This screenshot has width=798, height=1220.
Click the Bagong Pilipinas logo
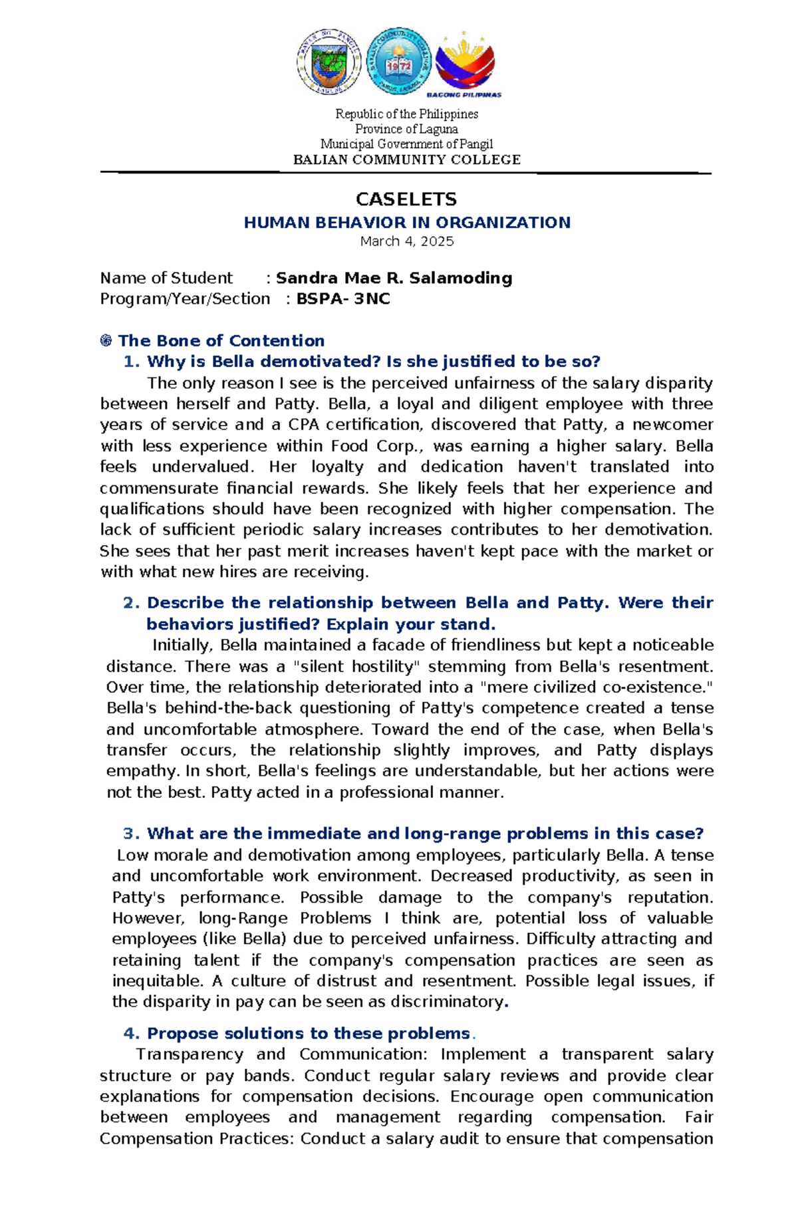pyautogui.click(x=469, y=65)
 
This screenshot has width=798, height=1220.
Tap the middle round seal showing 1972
pyautogui.click(x=399, y=62)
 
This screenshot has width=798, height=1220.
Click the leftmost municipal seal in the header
pyautogui.click(x=329, y=62)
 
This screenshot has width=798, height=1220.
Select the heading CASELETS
pyautogui.click(x=406, y=199)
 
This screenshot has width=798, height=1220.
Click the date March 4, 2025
pyautogui.click(x=406, y=241)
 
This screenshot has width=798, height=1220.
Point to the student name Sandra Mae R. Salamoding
pyautogui.click(x=394, y=278)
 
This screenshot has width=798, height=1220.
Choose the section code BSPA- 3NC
pyautogui.click(x=342, y=299)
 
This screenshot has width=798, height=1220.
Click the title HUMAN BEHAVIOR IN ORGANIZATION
pyautogui.click(x=406, y=222)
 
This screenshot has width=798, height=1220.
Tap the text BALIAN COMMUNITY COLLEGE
pyautogui.click(x=406, y=160)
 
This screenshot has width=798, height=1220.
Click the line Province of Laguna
pyautogui.click(x=406, y=129)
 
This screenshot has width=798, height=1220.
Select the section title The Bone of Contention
pyautogui.click(x=221, y=341)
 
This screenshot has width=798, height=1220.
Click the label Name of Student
pyautogui.click(x=166, y=278)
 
